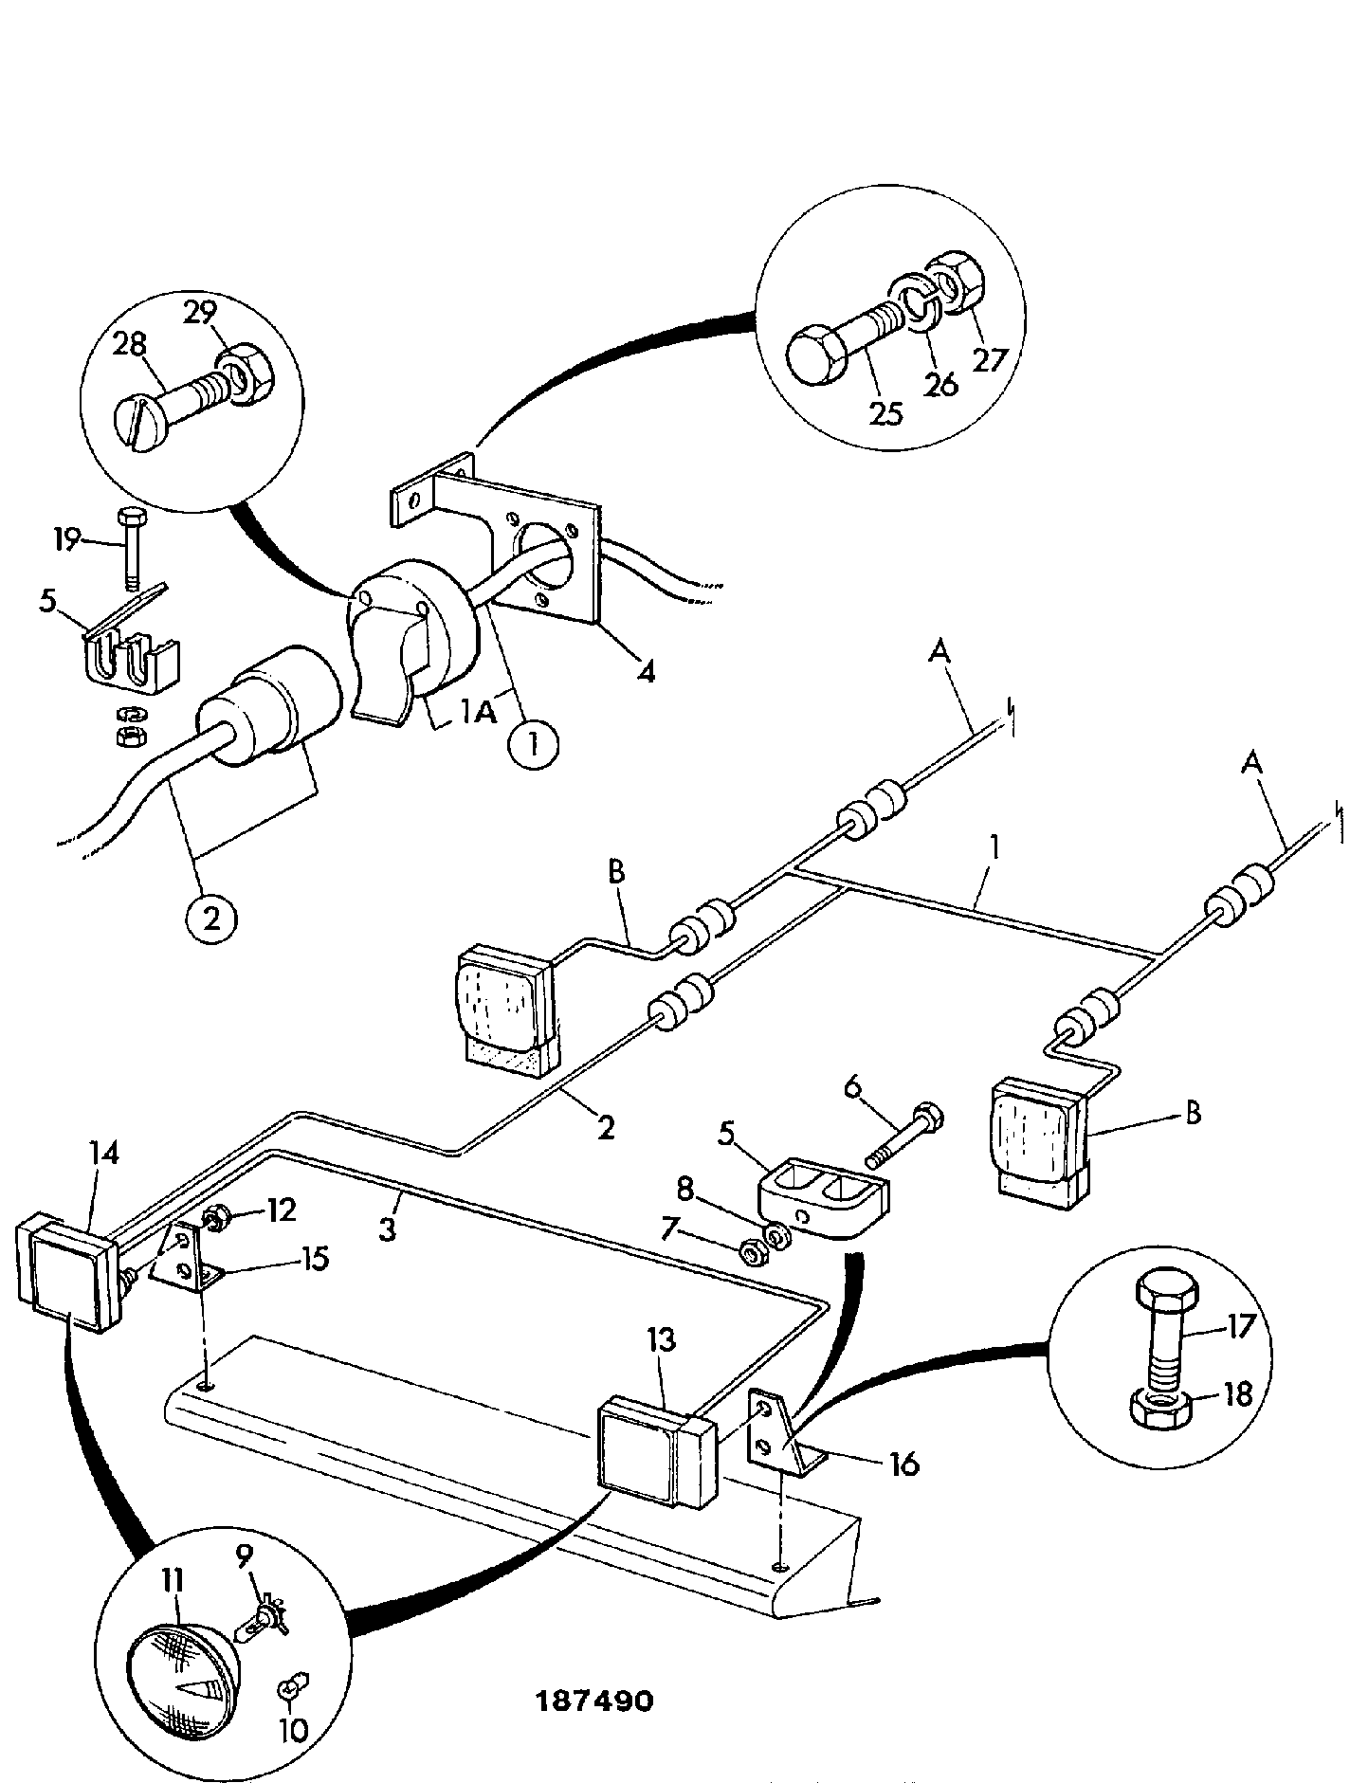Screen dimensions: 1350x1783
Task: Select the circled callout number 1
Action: [533, 746]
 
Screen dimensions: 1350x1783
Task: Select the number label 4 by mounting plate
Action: [646, 672]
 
